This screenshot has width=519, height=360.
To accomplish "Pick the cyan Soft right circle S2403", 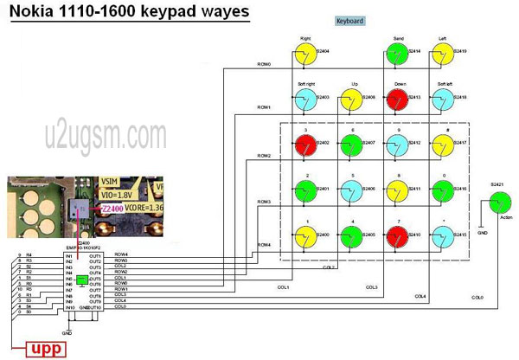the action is pos(304,100).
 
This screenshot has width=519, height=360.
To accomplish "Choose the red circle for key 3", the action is pos(304,144).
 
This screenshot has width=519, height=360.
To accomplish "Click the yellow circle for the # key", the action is pos(443,144).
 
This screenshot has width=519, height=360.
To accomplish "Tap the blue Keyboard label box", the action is pos(350,21).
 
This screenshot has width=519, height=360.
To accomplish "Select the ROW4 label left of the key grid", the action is pos(263,246).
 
